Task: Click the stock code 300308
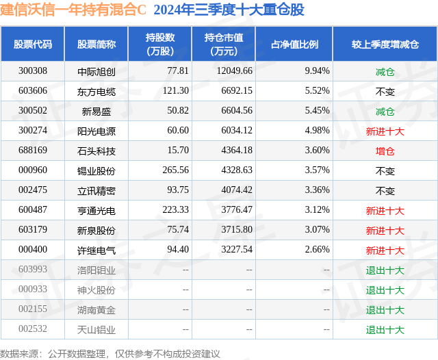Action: coord(33,70)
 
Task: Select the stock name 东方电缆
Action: coord(96,90)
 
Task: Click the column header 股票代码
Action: coord(33,44)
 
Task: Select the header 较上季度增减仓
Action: coord(385,44)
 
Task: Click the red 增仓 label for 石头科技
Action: coord(385,151)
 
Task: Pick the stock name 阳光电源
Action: coord(96,131)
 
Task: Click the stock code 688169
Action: coord(33,151)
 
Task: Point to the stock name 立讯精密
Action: coord(96,190)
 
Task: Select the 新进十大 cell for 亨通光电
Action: coord(385,211)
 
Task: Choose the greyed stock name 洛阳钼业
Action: coord(96,270)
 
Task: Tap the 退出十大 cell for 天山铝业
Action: coord(385,330)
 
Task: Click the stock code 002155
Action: coord(33,310)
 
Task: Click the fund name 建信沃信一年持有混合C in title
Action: coord(74,10)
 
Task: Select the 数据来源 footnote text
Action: coord(110,353)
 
